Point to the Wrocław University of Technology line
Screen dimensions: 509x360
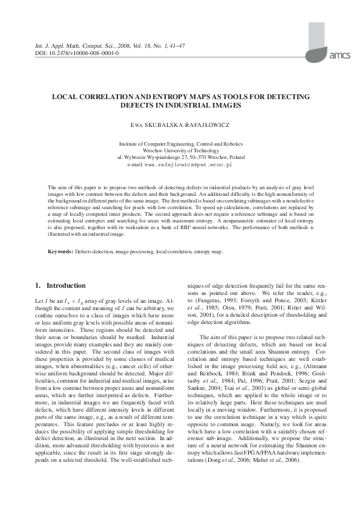180,151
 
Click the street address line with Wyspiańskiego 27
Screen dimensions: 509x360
180,157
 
